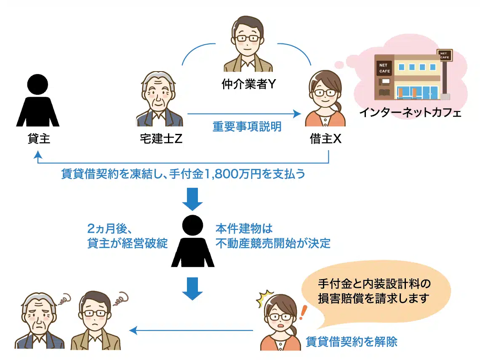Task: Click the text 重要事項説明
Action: [247, 127]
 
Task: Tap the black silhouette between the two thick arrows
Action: [192, 242]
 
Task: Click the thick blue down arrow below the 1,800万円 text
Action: [192, 200]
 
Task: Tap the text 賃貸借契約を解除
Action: [351, 341]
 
